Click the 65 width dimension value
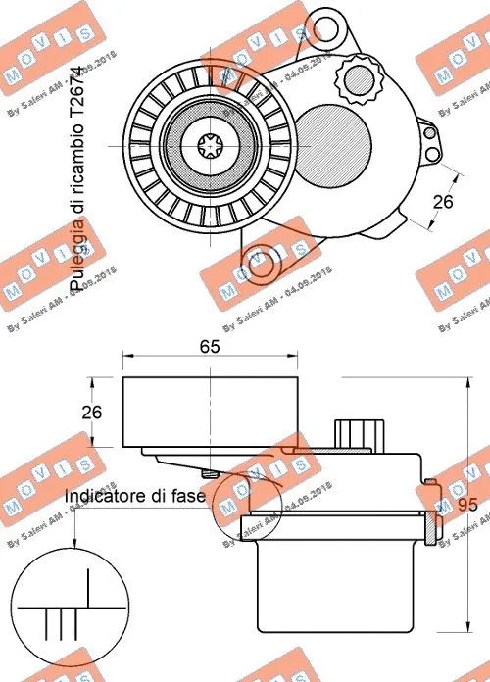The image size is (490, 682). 209,346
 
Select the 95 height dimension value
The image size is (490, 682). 468,507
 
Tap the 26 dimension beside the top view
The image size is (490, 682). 443,202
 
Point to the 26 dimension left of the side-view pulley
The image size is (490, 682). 92,413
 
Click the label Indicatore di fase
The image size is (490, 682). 134,497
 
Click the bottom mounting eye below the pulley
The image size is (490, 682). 263,264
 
